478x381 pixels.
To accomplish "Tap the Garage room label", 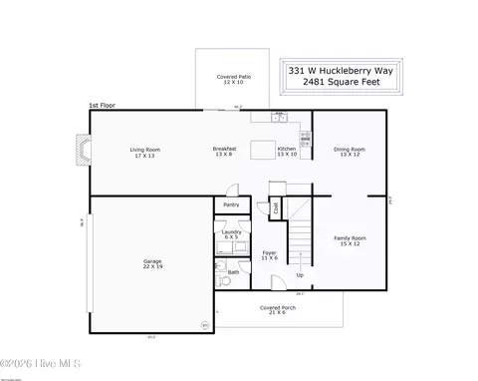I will tap(151, 264).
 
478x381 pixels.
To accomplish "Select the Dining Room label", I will tap(350, 152).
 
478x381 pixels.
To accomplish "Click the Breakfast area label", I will tap(224, 152).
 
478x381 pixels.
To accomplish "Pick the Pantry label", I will tap(231, 204).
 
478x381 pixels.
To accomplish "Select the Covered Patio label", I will tap(234, 79).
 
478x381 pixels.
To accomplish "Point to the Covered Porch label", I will tap(278, 310).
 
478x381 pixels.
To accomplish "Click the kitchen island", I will tap(263, 151).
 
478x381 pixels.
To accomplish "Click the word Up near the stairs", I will tap(300, 275).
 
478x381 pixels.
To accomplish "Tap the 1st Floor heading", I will tap(102, 105).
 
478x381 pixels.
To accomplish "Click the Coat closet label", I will tap(276, 208).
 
